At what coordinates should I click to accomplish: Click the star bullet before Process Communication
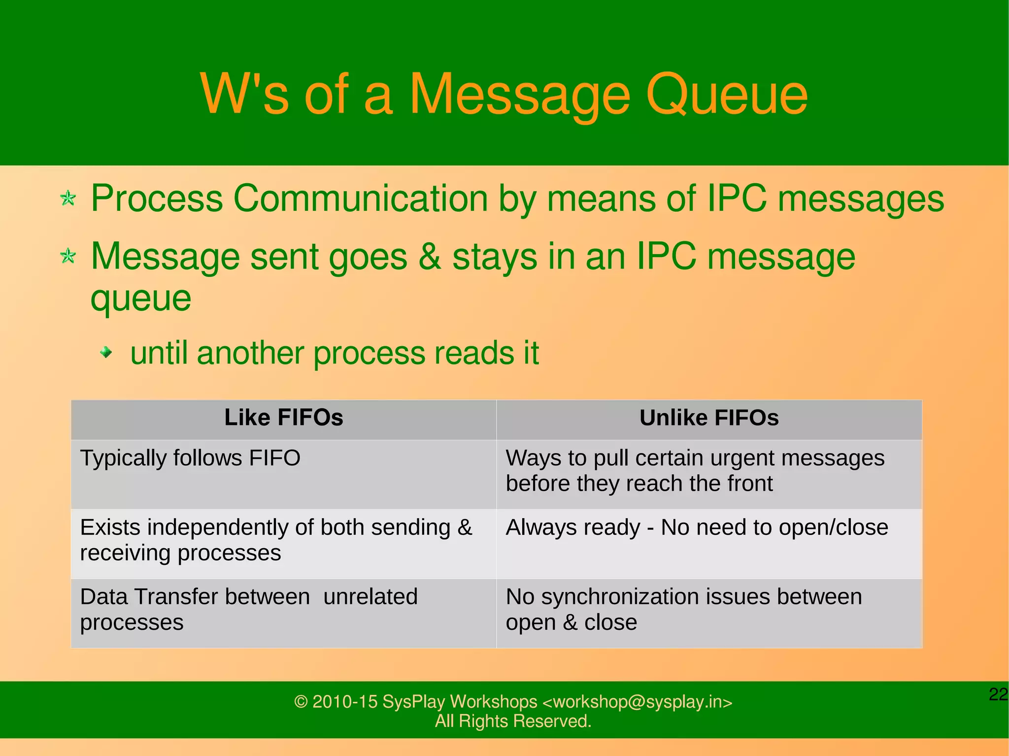(68, 199)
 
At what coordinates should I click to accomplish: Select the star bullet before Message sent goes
(68, 257)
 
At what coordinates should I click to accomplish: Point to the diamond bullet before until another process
(105, 352)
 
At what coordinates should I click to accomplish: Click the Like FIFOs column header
(284, 418)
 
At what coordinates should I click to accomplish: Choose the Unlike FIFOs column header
(709, 418)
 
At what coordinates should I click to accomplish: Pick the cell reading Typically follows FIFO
(190, 458)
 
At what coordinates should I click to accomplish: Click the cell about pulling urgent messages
(695, 471)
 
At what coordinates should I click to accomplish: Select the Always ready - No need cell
(697, 527)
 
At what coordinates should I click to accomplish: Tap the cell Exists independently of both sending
(276, 540)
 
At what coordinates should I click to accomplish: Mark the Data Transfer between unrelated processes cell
(249, 609)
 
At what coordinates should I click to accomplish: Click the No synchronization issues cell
(684, 609)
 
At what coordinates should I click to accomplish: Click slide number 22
(998, 694)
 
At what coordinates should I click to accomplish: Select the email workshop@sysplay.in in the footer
(638, 702)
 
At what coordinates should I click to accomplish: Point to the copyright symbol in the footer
(301, 702)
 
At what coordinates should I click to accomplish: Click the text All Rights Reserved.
(513, 721)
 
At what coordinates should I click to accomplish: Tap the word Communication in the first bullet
(360, 199)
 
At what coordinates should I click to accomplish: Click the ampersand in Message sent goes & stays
(430, 257)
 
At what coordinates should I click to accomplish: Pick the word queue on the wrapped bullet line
(141, 299)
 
